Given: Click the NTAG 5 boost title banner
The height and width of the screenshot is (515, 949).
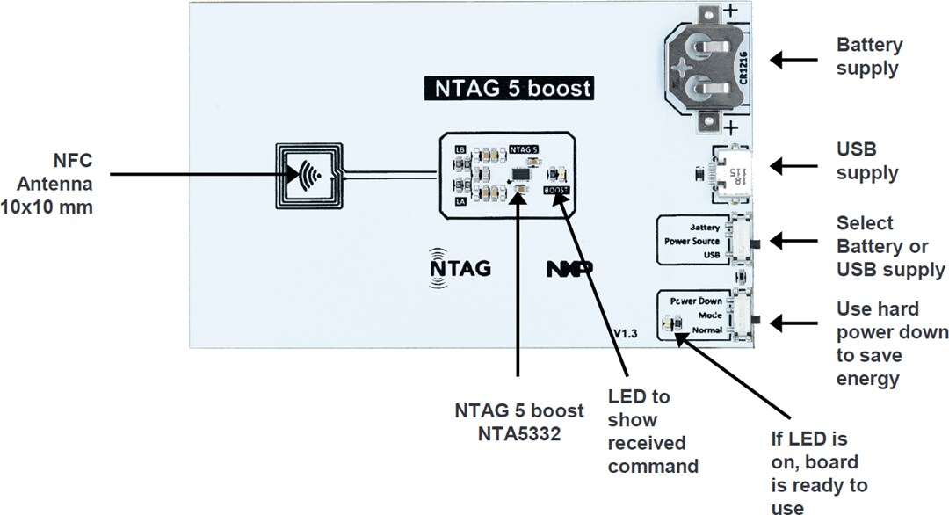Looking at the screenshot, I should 508,89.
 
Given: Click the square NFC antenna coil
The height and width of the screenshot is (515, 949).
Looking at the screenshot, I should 308,176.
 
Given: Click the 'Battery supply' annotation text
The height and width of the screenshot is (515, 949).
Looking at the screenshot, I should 869,56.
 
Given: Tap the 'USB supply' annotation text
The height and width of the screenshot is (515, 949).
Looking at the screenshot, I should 867,161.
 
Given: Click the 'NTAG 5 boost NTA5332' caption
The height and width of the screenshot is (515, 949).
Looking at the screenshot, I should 518,422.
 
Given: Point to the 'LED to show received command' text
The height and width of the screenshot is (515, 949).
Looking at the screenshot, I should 653,431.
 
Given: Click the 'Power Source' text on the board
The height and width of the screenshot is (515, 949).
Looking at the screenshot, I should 692,241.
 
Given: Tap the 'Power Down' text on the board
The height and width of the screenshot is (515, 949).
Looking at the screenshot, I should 695,301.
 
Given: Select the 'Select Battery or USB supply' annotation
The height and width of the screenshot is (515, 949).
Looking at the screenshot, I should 890,246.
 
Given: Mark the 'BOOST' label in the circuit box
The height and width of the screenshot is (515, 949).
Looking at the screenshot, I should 556,190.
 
